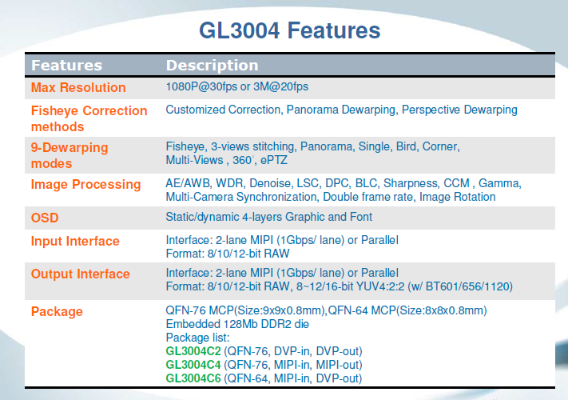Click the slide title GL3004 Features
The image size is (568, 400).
pos(290,30)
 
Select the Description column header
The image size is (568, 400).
pos(212,66)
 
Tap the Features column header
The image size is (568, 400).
pos(66,66)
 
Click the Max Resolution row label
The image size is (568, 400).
pos(78,87)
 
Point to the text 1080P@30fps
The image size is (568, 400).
pos(201,86)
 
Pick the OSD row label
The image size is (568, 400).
pos(45,218)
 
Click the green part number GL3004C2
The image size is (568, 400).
pos(193,351)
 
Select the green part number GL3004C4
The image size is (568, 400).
pos(193,365)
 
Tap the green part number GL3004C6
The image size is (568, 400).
pos(193,378)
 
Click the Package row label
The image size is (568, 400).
pos(57,311)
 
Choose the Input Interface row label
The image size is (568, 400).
pos(75,241)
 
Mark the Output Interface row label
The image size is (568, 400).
pos(80,274)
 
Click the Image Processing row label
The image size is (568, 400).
pos(85,185)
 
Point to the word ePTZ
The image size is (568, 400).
pos(273,160)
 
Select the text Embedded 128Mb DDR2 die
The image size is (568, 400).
pos(237,324)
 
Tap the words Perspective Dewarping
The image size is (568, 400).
pos(459,110)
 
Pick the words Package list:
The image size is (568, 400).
pos(197,338)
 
